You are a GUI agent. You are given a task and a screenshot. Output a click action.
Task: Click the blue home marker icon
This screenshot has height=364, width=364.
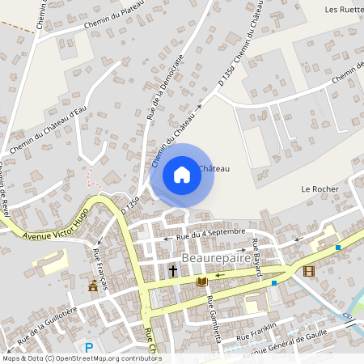(x=181, y=174)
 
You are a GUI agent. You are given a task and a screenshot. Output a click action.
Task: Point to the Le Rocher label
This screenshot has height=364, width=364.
(x=317, y=188)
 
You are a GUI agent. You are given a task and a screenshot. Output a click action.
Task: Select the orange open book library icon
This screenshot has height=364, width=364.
(x=201, y=281)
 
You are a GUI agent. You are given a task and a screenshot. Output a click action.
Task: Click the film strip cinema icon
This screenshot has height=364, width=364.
(x=308, y=270)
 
